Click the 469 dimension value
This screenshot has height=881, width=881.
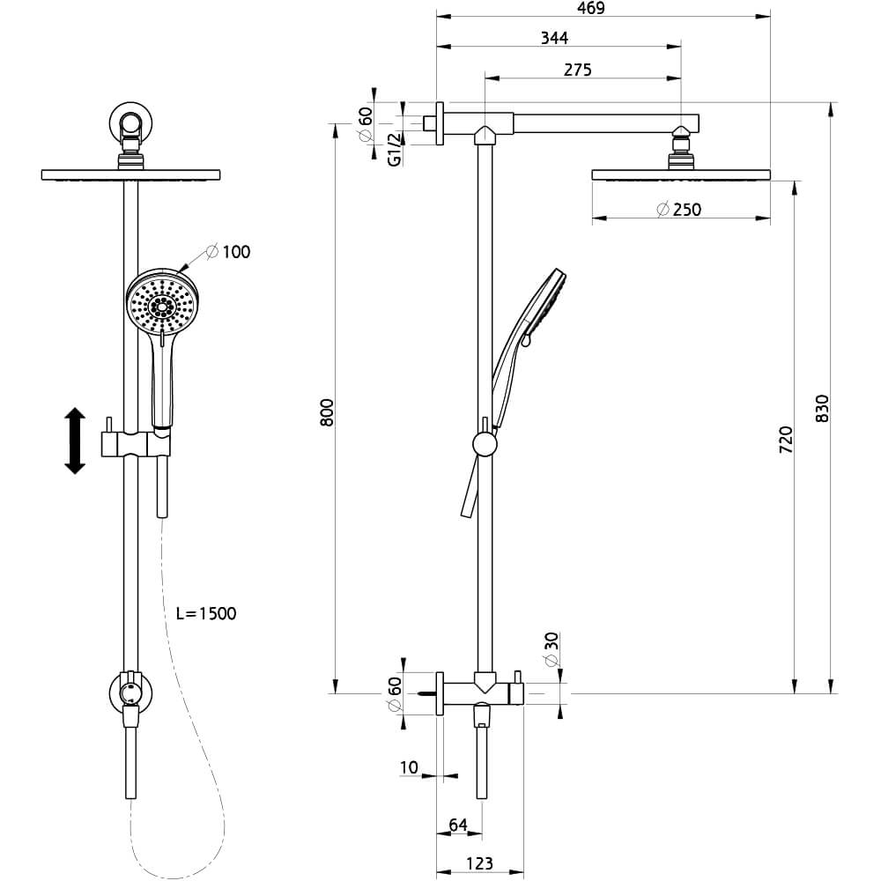(591, 8)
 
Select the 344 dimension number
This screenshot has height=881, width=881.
(554, 38)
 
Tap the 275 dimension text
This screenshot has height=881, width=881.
(578, 70)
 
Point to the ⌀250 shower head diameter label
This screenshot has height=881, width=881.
(678, 210)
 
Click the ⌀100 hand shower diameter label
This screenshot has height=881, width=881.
(228, 252)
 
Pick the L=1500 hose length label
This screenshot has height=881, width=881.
(206, 613)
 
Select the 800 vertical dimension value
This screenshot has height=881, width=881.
(327, 411)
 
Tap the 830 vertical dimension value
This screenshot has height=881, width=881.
(821, 409)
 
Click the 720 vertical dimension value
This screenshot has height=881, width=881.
(786, 440)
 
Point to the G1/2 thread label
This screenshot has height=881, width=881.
(395, 149)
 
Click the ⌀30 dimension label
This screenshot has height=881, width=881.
(552, 649)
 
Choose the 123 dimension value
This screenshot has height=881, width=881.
(479, 863)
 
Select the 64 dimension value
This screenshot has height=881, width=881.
(458, 825)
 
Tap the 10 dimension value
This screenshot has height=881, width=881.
(409, 767)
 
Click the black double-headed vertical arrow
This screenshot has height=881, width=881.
(75, 441)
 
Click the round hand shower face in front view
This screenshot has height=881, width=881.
(160, 304)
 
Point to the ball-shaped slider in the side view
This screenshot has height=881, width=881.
(485, 444)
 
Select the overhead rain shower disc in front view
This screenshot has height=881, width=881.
(131, 174)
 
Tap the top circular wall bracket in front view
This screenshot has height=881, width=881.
(130, 122)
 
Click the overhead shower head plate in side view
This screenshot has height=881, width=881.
(681, 174)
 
